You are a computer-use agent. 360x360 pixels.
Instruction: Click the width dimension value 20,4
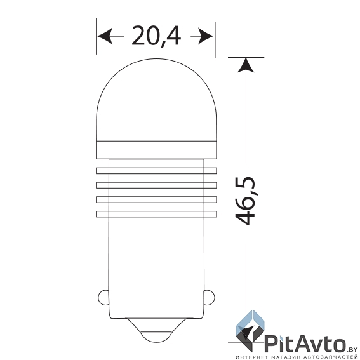[x=156, y=37]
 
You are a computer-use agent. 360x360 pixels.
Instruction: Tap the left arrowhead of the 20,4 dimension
[x=105, y=37]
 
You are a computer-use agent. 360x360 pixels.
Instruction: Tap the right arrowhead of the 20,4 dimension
[x=206, y=37]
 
